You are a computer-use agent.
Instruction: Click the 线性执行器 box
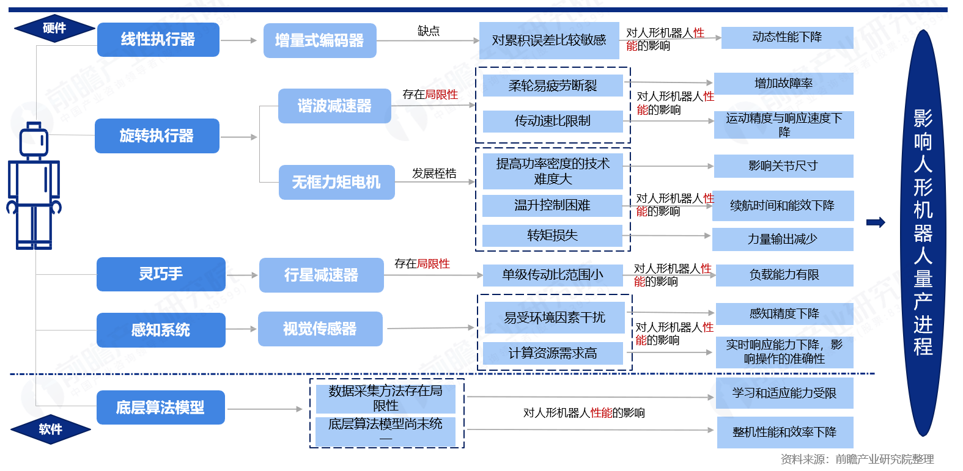pyautogui.click(x=158, y=40)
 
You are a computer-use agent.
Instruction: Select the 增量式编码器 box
pyautogui.click(x=319, y=41)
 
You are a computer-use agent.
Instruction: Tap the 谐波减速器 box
pyautogui.click(x=334, y=106)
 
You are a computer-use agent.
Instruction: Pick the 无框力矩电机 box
pyautogui.click(x=336, y=182)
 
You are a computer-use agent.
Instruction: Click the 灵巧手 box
pyautogui.click(x=161, y=274)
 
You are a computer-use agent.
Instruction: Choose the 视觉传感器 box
pyautogui.click(x=320, y=329)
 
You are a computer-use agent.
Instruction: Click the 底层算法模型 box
pyautogui.click(x=160, y=407)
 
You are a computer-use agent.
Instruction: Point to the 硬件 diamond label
pyautogui.click(x=54, y=28)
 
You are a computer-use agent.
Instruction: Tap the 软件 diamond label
pyautogui.click(x=50, y=429)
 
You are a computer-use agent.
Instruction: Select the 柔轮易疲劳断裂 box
pyautogui.click(x=553, y=86)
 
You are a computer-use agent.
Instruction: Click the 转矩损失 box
pyautogui.click(x=552, y=235)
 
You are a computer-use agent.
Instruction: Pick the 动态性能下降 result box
pyautogui.click(x=787, y=37)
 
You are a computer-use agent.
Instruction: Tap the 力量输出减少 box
pyautogui.click(x=782, y=239)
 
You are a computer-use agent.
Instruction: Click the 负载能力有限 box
pyautogui.click(x=784, y=275)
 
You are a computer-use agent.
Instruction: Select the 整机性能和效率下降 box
pyautogui.click(x=784, y=432)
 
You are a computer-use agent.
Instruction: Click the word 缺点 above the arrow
pyautogui.click(x=428, y=31)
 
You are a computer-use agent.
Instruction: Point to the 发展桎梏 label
pyautogui.click(x=434, y=173)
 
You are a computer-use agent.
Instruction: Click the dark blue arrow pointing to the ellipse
pyautogui.click(x=876, y=222)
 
